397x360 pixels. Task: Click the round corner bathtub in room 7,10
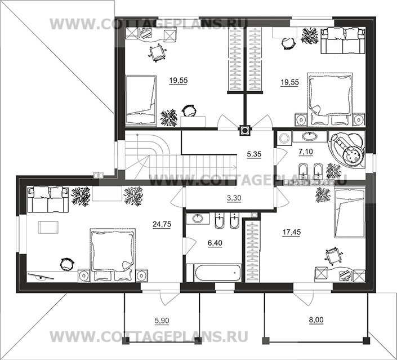(349, 148)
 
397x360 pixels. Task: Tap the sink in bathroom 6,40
(199, 218)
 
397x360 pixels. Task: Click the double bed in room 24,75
(111, 254)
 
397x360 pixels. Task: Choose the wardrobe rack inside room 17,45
(251, 251)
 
